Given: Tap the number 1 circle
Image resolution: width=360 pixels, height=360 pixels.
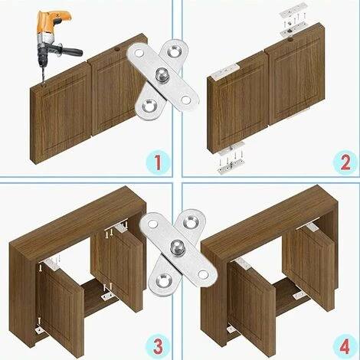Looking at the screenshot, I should [x=157, y=162].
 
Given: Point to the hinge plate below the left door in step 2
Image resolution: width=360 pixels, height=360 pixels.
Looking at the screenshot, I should [x=231, y=164].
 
